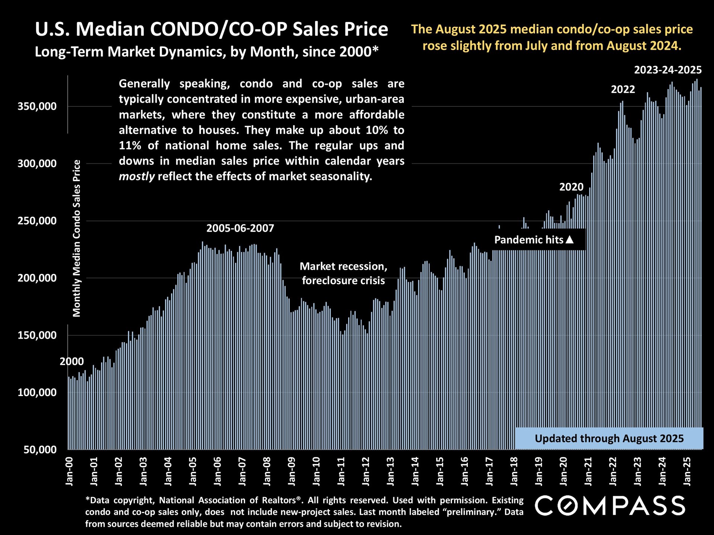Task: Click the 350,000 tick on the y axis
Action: pos(37,107)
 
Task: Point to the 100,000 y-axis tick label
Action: pos(37,392)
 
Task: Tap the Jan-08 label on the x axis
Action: pos(267,471)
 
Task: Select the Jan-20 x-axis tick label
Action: pos(564,471)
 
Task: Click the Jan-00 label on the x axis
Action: pos(69,471)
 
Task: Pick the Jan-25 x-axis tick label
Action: pos(687,471)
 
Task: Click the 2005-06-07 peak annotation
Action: pos(240,228)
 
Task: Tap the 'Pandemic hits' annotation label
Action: pos(528,240)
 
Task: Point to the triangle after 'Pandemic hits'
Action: pos(569,240)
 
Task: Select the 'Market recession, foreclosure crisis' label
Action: pos(343,273)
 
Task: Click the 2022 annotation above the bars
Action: pos(623,90)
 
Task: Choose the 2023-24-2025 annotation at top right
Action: pos(668,70)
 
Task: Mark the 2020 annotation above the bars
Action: pos(571,187)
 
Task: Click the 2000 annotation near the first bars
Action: pos(72,361)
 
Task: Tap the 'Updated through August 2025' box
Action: pos(609,438)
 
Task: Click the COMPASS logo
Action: pos(610,506)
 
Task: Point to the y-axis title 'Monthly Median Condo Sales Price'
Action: pos(77,238)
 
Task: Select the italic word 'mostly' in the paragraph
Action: pos(136,176)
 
